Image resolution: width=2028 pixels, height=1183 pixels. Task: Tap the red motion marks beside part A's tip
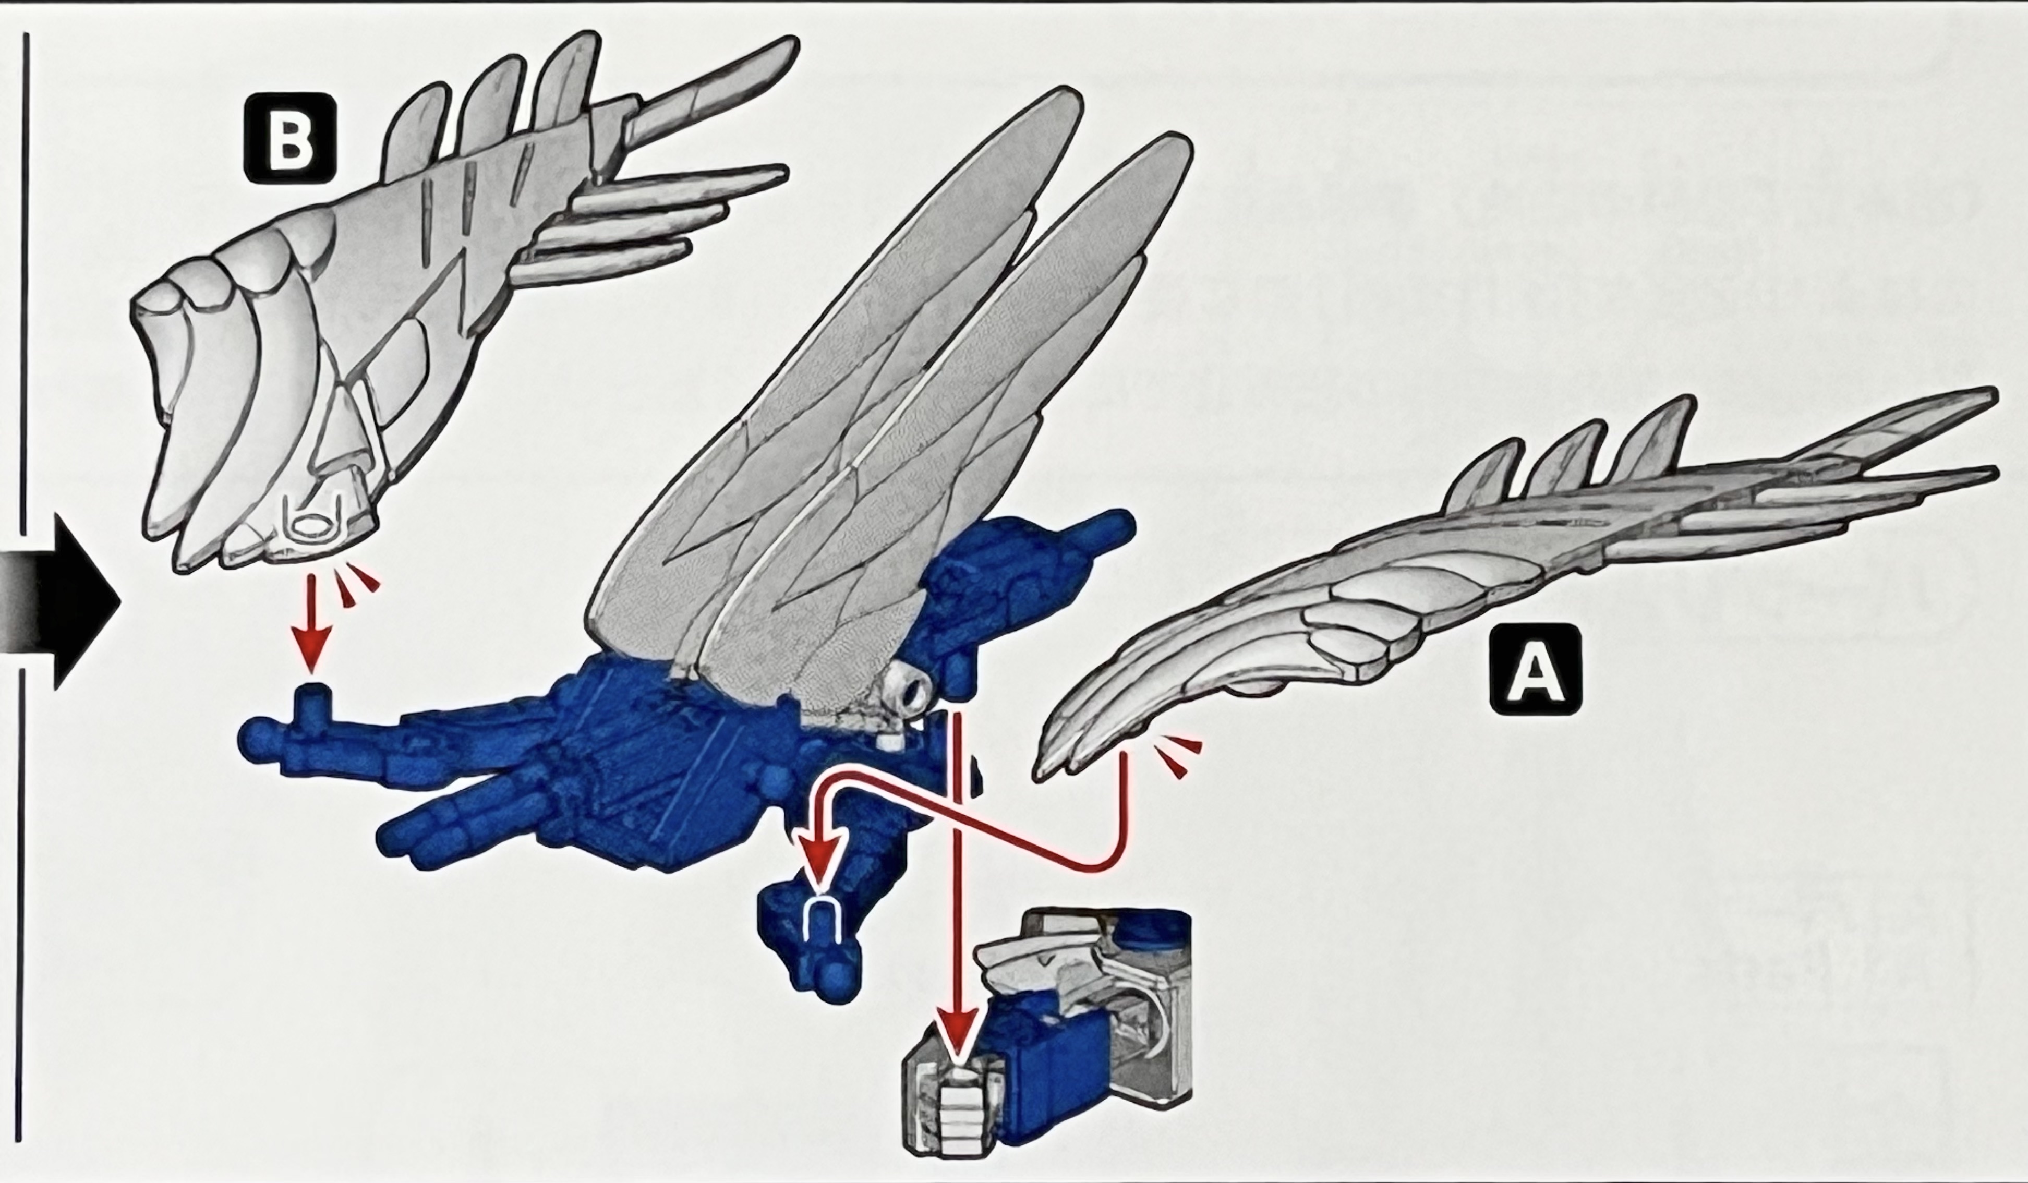point(1177,756)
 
